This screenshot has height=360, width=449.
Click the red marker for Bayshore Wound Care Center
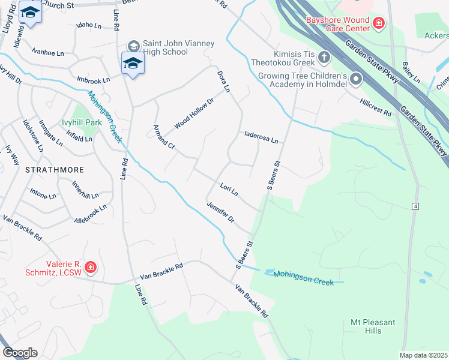click(x=379, y=23)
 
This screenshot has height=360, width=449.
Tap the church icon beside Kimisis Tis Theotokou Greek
click(x=324, y=58)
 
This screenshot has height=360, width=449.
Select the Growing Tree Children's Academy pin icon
click(x=357, y=79)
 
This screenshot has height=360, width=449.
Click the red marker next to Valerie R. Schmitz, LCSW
click(x=90, y=267)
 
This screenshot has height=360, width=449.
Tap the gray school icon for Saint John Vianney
click(x=133, y=46)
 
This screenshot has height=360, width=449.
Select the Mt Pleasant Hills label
click(x=373, y=326)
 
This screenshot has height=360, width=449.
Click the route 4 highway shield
click(x=415, y=206)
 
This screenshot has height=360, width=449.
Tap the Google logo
click(x=20, y=353)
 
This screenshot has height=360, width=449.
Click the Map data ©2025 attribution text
click(x=423, y=355)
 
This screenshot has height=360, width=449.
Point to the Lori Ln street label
click(x=229, y=190)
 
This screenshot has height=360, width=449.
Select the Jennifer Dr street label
click(x=220, y=212)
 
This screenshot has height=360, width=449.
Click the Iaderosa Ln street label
click(x=261, y=138)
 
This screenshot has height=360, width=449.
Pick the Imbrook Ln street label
click(x=93, y=80)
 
